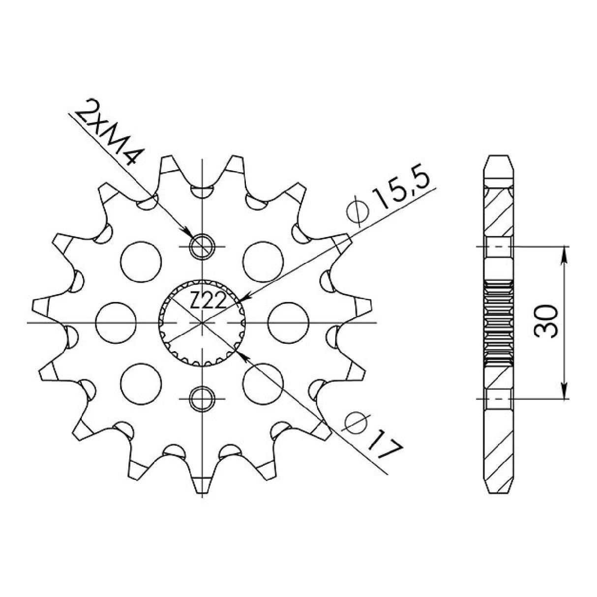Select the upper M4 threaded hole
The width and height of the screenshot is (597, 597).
tap(202, 246)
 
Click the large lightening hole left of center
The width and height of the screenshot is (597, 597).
tap(115, 322)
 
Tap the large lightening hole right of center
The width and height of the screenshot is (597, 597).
tap(289, 322)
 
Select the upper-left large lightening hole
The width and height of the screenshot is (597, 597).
tap(141, 261)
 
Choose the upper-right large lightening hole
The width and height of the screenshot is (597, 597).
tap(264, 261)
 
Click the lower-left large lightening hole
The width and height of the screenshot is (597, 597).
tap(141, 384)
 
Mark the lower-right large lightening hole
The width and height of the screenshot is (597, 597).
tap(264, 384)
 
